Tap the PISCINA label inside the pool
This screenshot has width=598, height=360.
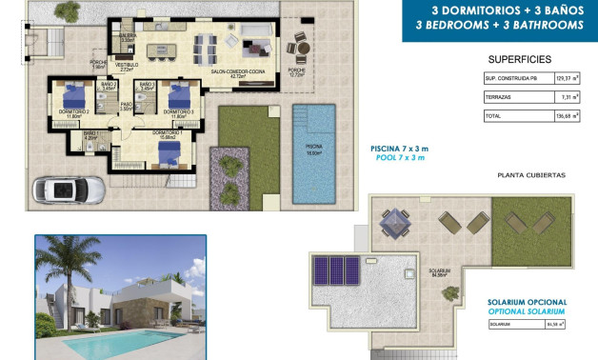tap(313, 146)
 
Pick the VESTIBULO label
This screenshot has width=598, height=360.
tap(127, 66)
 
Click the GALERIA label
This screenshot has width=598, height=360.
tap(128, 35)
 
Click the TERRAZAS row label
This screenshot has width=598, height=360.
tap(498, 97)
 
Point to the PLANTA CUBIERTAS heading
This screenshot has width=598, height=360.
tap(531, 175)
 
